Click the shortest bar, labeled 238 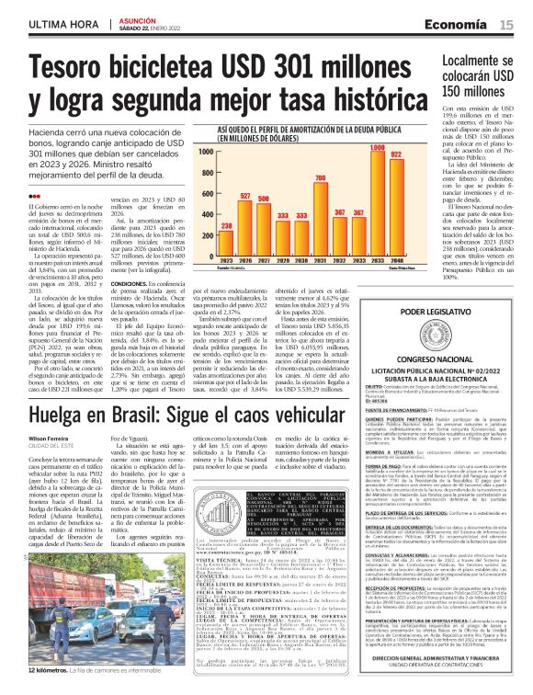click(226, 236)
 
